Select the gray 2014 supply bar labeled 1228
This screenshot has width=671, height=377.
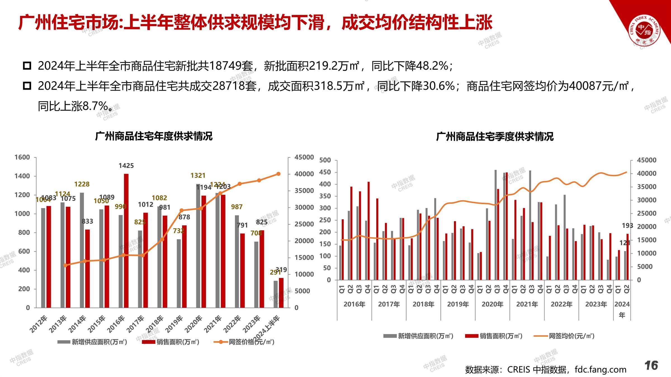click(82, 250)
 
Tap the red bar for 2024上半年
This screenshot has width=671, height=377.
click(281, 293)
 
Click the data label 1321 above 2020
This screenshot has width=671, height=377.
click(198, 175)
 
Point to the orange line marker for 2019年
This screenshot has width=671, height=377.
click(181, 210)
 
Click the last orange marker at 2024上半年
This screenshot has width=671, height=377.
click(278, 174)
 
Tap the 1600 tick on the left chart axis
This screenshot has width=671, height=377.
click(22, 157)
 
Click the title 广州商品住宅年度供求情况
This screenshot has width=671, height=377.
click(154, 136)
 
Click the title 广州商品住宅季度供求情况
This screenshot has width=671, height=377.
click(495, 137)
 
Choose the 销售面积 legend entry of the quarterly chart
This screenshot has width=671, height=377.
click(494, 336)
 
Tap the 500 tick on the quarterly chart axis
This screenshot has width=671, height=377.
click(325, 160)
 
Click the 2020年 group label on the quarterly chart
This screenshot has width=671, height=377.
click(492, 304)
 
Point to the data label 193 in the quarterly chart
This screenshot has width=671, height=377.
click(627, 226)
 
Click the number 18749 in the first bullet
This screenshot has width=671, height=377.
click(225, 66)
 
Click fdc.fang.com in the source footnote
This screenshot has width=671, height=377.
click(600, 369)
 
